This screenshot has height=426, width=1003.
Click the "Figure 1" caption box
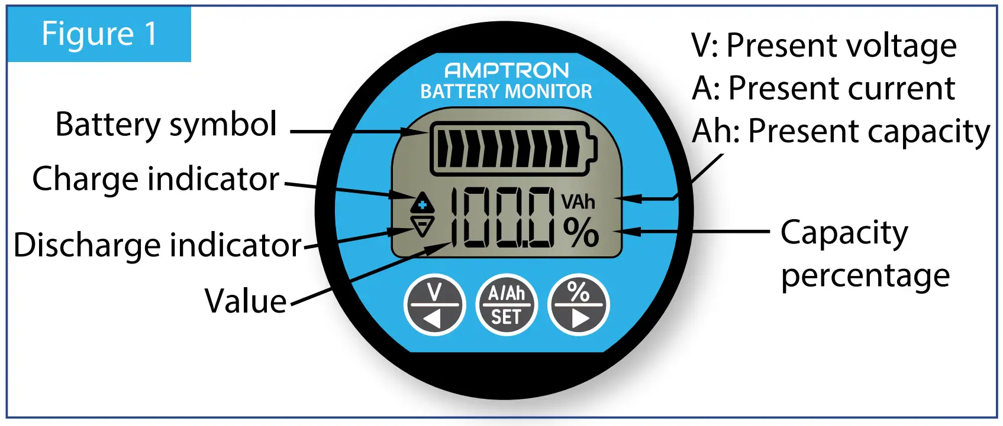click(99, 34)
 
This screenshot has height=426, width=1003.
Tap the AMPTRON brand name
click(507, 71)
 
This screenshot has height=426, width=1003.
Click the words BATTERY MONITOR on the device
click(506, 92)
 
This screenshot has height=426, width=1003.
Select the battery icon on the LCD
click(512, 149)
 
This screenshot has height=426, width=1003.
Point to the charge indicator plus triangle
click(423, 203)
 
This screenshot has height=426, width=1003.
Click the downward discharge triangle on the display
click(423, 226)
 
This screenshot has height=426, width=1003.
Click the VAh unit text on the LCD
click(578, 202)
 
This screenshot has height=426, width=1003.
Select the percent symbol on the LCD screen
click(580, 232)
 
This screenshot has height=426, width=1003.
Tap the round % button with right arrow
click(578, 305)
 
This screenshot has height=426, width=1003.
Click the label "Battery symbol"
click(166, 125)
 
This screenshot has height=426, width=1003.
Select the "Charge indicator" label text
click(156, 178)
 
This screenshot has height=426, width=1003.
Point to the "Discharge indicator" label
click(158, 245)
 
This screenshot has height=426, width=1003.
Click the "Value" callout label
click(246, 301)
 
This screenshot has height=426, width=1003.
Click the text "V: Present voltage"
click(824, 45)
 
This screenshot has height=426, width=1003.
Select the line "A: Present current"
click(823, 89)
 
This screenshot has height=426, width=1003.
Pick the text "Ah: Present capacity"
click(840, 131)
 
